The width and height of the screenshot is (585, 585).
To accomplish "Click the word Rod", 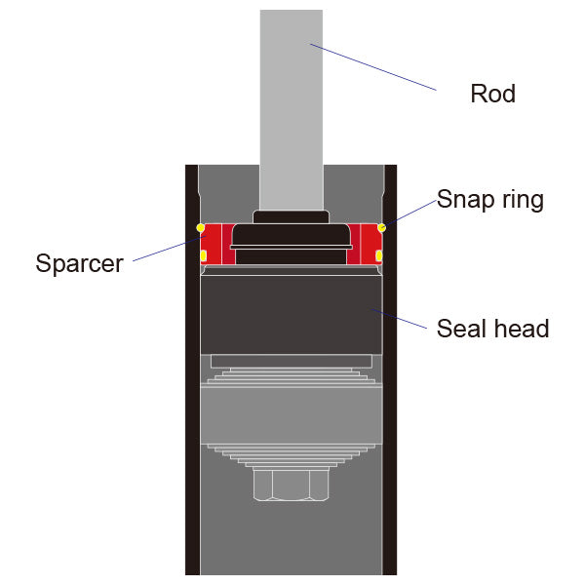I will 492,95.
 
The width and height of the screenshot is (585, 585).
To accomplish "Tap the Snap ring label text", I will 489,200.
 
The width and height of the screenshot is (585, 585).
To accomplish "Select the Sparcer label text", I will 80,263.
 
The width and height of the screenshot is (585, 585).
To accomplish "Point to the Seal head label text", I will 492,329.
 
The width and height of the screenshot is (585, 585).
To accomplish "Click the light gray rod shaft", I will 291,107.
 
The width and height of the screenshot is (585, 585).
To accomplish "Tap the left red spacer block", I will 214,244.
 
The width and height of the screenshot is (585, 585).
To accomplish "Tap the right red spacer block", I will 367,244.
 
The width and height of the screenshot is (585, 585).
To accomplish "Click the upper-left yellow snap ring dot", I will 201,228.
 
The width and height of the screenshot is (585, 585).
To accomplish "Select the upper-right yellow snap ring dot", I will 381,228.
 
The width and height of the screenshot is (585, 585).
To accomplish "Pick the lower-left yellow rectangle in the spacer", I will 203,256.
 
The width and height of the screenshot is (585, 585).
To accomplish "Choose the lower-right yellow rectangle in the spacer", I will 378,256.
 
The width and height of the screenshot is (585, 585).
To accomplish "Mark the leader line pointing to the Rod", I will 375,67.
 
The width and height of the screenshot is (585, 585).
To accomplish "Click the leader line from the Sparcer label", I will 161,251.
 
